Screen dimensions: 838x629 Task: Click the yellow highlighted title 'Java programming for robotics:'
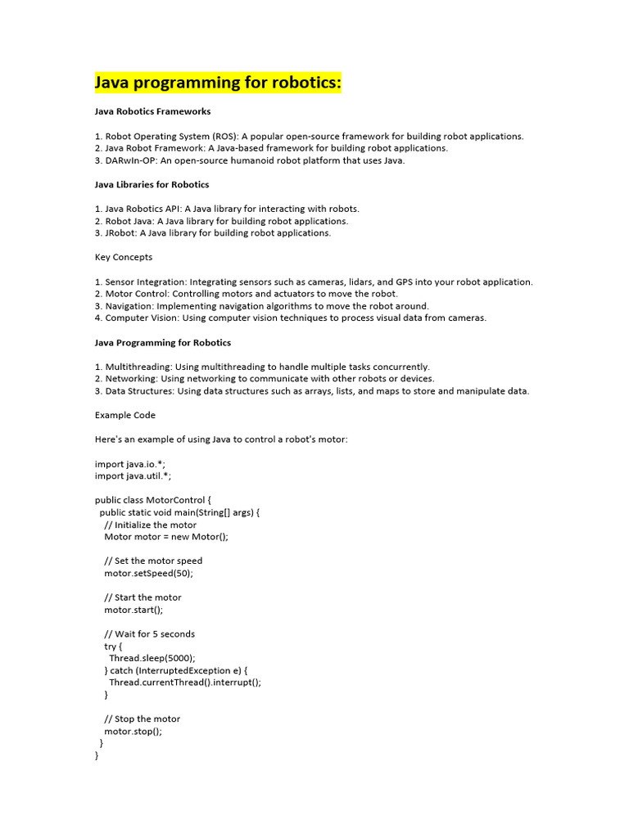pyautogui.click(x=218, y=83)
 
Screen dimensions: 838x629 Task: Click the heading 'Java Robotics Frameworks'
pyautogui.click(x=152, y=111)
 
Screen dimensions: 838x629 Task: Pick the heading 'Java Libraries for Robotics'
pyautogui.click(x=152, y=184)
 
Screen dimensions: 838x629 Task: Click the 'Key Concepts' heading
pyautogui.click(x=124, y=257)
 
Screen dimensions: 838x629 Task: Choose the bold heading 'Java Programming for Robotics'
pyautogui.click(x=163, y=342)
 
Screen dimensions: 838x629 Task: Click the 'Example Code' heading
pyautogui.click(x=125, y=415)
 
